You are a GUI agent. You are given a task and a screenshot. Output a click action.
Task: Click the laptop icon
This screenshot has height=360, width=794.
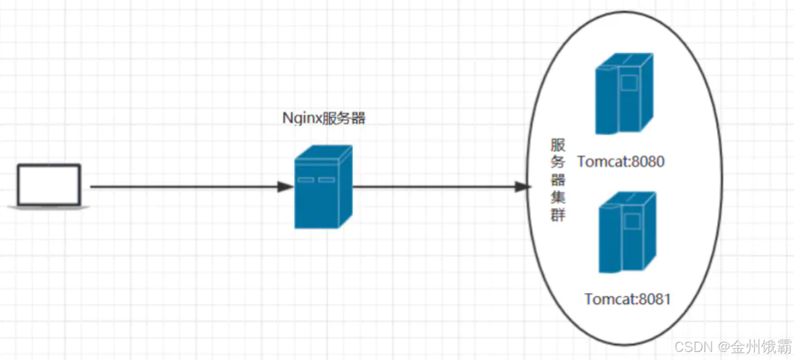pyautogui.click(x=49, y=186)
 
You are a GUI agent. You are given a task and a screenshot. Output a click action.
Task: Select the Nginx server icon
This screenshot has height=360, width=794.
pyautogui.click(x=323, y=187)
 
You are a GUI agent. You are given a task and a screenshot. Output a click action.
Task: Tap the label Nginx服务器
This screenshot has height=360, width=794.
pyautogui.click(x=323, y=118)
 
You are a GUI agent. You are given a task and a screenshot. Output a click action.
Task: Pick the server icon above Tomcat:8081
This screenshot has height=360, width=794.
pyautogui.click(x=627, y=233)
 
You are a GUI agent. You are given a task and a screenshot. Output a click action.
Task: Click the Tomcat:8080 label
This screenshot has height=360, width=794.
pyautogui.click(x=621, y=162)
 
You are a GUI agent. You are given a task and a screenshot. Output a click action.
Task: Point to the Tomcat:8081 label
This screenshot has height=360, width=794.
pyautogui.click(x=627, y=299)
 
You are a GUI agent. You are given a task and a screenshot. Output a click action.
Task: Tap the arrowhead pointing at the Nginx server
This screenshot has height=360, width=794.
pyautogui.click(x=287, y=186)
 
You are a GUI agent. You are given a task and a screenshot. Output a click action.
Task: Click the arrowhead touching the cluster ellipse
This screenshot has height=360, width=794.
pyautogui.click(x=523, y=186)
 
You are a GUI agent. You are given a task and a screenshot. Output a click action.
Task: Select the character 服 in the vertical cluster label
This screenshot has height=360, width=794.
pyautogui.click(x=558, y=145)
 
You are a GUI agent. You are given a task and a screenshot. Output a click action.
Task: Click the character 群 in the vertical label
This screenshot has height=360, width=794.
pyautogui.click(x=558, y=217)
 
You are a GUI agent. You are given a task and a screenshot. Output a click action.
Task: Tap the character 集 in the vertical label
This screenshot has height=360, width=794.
pyautogui.click(x=558, y=199)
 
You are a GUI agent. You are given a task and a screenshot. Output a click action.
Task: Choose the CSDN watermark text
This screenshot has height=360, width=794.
pyautogui.click(x=733, y=346)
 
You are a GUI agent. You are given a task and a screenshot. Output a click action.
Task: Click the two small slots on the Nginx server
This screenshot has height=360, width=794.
pyautogui.click(x=316, y=180)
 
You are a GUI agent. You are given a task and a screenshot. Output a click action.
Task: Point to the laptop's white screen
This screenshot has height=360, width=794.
pyautogui.click(x=49, y=184)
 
